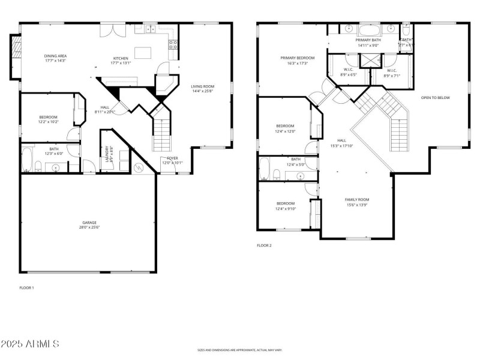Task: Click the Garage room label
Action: (89, 224)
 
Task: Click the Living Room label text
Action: (203, 89)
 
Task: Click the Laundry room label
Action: (109, 154)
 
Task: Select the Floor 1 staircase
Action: (162, 134)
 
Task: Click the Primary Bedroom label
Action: (298, 60)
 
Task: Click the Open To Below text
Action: (435, 98)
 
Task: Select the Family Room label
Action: (356, 202)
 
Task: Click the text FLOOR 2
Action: (265, 245)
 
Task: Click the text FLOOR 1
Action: (26, 288)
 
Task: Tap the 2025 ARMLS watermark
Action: (30, 344)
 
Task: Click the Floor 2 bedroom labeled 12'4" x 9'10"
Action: (286, 206)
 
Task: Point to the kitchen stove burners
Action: (173, 43)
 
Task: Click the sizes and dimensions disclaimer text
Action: (239, 350)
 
